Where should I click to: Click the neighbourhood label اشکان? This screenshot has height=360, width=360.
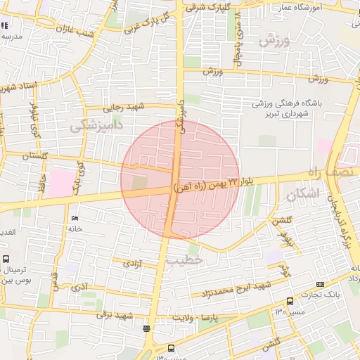coord(304,192)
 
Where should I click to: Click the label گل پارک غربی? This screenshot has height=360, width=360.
coord(146,22)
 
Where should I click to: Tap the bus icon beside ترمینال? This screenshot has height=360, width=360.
coord(6,259)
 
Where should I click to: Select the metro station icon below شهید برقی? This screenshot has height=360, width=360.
coord(146,328)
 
